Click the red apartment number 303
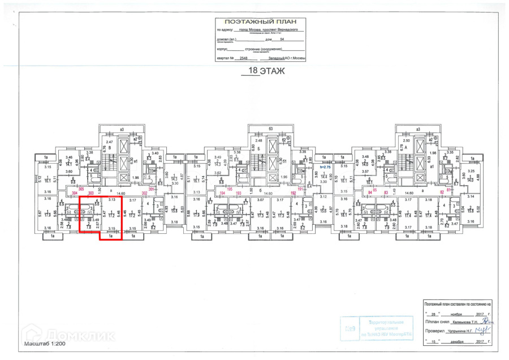(x=91, y=193)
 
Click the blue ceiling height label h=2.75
(x=324, y=168)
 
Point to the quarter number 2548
(x=244, y=58)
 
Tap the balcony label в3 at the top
(x=121, y=129)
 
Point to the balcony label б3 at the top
(x=270, y=129)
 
